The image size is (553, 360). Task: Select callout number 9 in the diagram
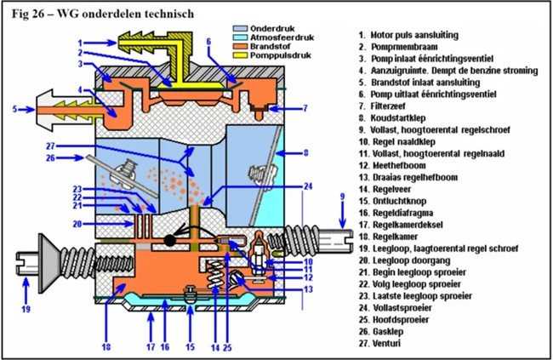342,197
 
